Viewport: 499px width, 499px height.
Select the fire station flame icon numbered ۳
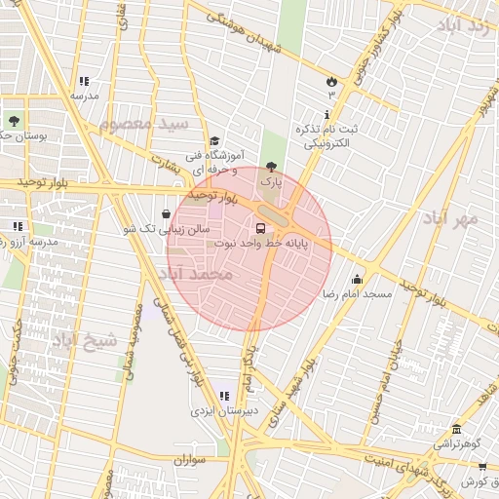331,81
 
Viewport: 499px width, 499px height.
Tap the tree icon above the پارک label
271,167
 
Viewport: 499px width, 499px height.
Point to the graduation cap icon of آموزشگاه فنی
214,140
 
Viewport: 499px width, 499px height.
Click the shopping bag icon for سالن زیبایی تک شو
166,213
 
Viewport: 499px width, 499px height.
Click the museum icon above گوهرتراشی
455,430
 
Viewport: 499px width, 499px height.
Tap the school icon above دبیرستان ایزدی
224,396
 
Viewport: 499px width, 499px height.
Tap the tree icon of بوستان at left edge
14,121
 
